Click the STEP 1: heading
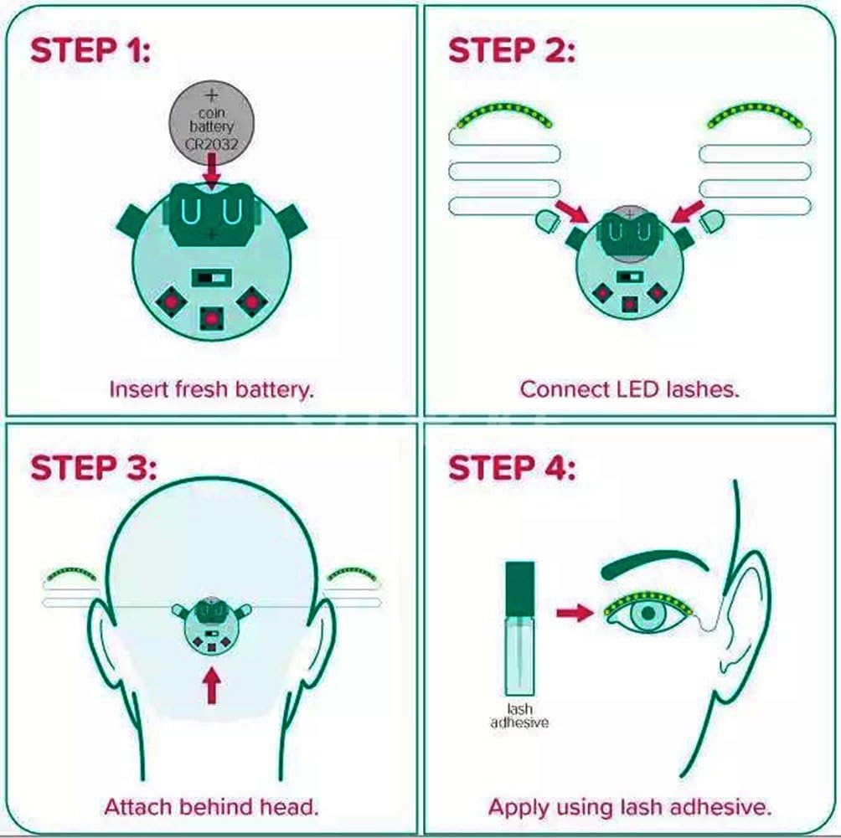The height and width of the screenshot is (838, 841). [x=90, y=51]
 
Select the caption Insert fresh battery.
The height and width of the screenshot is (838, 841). [x=211, y=389]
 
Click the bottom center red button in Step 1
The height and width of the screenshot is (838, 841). [x=211, y=318]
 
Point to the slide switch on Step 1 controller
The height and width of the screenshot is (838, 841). [x=210, y=277]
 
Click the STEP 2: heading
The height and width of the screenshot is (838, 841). [x=512, y=51]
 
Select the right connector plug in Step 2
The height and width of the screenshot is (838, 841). [x=711, y=221]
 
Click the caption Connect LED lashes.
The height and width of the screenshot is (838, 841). [x=629, y=389]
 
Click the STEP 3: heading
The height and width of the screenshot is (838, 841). [x=93, y=468]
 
